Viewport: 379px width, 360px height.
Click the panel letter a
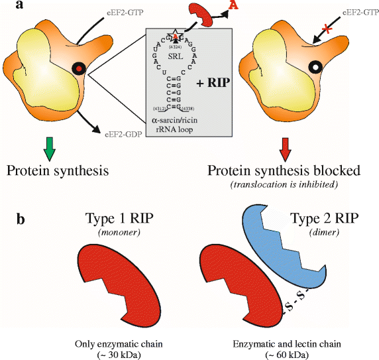click(10, 7)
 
